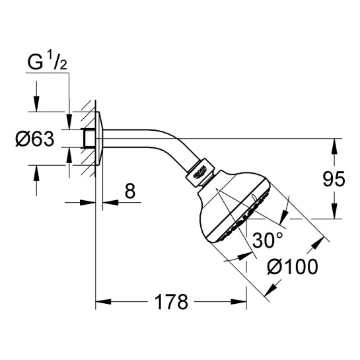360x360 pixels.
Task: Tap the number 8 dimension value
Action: tap(129, 192)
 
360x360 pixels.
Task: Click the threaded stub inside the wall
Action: tap(88, 138)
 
